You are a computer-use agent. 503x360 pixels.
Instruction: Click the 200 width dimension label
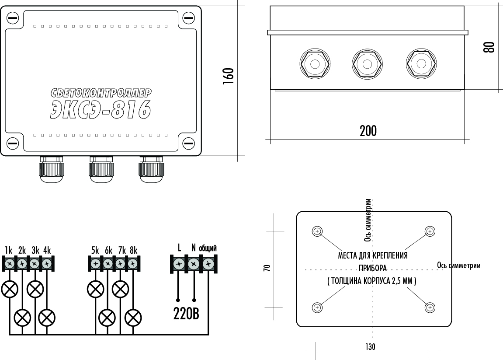point(368,131)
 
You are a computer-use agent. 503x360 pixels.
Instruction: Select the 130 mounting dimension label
point(370,346)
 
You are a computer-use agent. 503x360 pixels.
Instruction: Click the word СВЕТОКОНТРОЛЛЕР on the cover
point(101,92)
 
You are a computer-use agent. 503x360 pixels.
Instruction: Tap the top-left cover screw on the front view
point(13,18)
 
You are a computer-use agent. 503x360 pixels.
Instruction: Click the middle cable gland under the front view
point(101,169)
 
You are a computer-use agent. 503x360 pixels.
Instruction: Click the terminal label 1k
point(8,251)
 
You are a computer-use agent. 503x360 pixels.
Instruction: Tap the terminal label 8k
point(133,251)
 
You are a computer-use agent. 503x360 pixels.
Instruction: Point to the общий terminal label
point(208,248)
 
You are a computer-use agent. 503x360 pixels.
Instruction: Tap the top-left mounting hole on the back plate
point(318,231)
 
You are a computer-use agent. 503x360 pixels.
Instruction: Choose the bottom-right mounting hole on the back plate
point(430,308)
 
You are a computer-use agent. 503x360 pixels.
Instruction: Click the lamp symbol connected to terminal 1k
point(9,289)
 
